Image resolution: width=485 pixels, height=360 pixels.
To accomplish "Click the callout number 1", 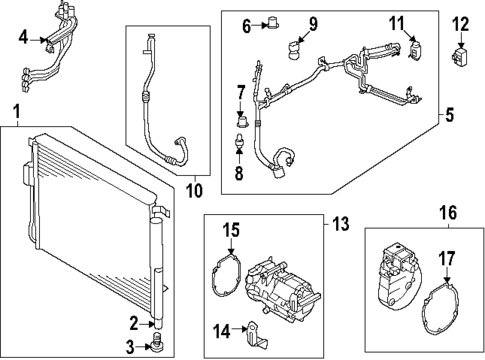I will pyautogui.click(x=14, y=108).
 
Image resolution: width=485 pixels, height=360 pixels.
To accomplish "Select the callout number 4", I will pyautogui.click(x=24, y=39).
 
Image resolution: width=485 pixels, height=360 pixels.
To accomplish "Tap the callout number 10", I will pyautogui.click(x=194, y=188).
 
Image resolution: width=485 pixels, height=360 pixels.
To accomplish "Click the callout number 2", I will pyautogui.click(x=132, y=321).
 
